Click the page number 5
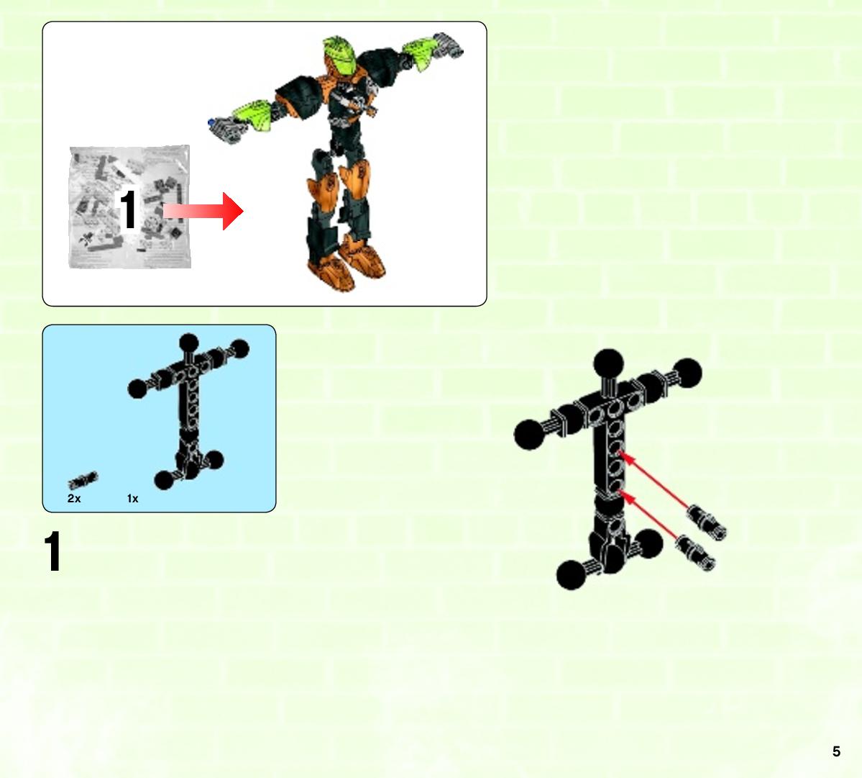pyautogui.click(x=836, y=751)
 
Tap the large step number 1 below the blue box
pyautogui.click(x=52, y=551)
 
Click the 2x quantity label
pyautogui.click(x=74, y=499)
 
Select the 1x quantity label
pyautogui.click(x=132, y=499)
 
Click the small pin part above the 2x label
pyautogui.click(x=83, y=480)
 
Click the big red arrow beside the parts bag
pyautogui.click(x=203, y=211)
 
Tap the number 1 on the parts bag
pyautogui.click(x=128, y=209)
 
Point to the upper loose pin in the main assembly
pyautogui.click(x=707, y=521)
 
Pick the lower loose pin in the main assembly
pyautogui.click(x=695, y=553)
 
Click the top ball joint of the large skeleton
pyautogui.click(x=608, y=363)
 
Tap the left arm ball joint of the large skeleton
pyautogui.click(x=529, y=434)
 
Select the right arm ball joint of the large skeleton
pyautogui.click(x=687, y=373)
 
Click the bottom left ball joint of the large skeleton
pyautogui.click(x=572, y=574)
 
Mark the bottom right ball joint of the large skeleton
pyautogui.click(x=648, y=543)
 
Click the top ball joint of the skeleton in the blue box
pyautogui.click(x=188, y=343)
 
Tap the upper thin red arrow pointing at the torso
pyautogui.click(x=654, y=479)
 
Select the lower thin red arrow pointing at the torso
pyautogui.click(x=651, y=515)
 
